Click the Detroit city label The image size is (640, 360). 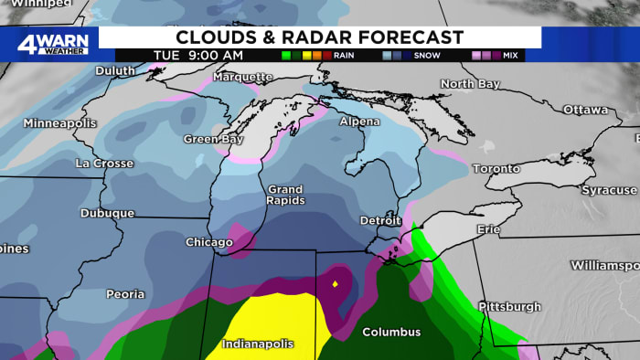[x=379, y=221]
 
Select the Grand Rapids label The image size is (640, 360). [x=285, y=195]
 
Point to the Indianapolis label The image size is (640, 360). [x=258, y=344]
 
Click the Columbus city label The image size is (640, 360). [x=391, y=332]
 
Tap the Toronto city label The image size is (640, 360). [x=496, y=169]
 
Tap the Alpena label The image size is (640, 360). [x=359, y=122]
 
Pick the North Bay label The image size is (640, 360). [x=470, y=84]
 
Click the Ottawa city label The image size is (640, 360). [x=585, y=110]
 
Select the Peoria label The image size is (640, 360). [x=125, y=294]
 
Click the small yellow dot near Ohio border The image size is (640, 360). [x=336, y=284]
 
